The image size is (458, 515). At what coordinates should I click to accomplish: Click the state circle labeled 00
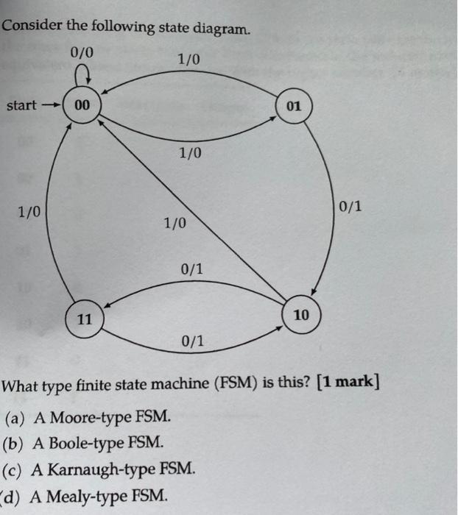tap(82, 106)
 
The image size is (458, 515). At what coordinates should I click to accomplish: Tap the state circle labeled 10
tap(301, 316)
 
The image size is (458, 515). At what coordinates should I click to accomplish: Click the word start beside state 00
tap(21, 105)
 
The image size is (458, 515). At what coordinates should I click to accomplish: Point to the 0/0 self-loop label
tap(82, 52)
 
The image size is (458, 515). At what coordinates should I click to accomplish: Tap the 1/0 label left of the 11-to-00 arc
tap(29, 213)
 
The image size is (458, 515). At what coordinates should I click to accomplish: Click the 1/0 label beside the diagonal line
tap(175, 221)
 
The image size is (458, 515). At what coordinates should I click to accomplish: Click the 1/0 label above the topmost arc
tap(189, 58)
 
